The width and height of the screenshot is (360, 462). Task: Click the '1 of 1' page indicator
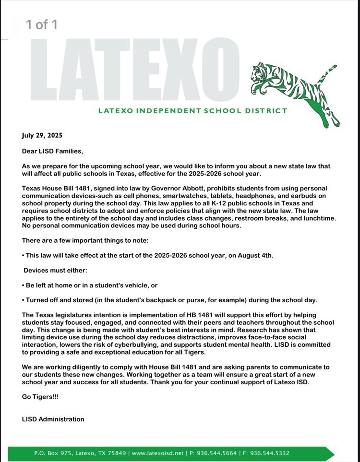point(42,24)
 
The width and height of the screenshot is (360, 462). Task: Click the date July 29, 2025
point(42,136)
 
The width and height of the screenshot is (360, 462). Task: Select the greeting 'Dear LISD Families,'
point(52,151)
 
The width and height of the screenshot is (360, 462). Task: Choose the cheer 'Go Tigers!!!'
point(40,397)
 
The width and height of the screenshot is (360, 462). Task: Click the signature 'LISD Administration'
point(53,419)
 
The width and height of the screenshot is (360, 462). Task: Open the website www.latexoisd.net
point(158,453)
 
